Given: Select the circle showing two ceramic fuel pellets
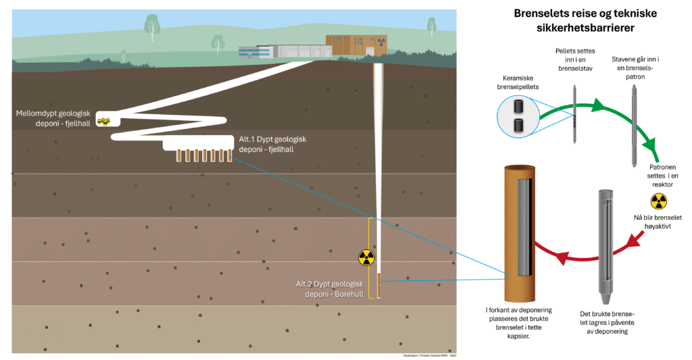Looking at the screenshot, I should point(519,115).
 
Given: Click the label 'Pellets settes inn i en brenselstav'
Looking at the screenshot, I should point(574,59).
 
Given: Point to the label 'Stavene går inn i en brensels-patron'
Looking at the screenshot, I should point(635,68).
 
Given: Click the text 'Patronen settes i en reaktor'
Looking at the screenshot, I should point(662,175).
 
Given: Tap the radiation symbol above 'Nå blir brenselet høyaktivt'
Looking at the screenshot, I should point(658,201).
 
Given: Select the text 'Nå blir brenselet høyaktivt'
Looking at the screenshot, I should point(658,222).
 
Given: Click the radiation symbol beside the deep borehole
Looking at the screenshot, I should point(366,257).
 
